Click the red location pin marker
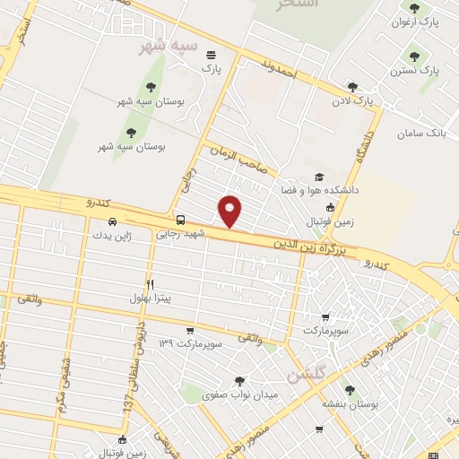[x=230, y=211]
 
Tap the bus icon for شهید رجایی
[x=181, y=220]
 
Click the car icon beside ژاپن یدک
[x=112, y=221]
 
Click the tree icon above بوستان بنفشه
[x=349, y=390]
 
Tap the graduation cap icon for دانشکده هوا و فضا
[x=319, y=178]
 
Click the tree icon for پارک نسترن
[x=413, y=56]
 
